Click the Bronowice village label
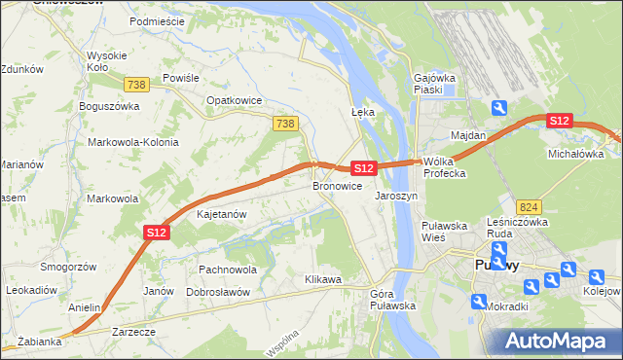point(338,185)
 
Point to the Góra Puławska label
point(393,300)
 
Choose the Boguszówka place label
point(111,105)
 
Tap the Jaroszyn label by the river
point(396,195)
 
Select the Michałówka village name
point(575,154)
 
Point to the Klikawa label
point(323,279)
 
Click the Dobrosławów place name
point(219,292)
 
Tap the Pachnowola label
point(227,269)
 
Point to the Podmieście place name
point(156,20)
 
